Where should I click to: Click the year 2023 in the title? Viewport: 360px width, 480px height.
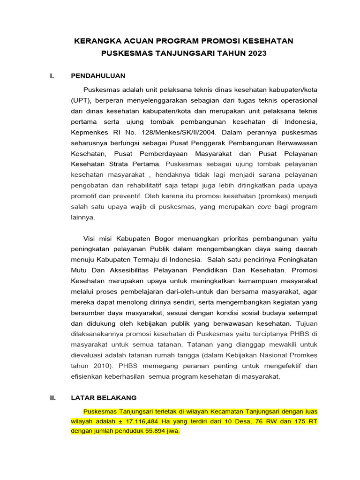(x=257, y=53)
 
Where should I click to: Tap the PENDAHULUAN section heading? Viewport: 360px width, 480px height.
(x=98, y=76)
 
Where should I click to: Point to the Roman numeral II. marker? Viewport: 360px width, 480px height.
(x=53, y=397)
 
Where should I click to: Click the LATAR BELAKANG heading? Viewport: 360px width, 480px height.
(x=104, y=397)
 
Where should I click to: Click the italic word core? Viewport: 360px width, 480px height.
(x=265, y=206)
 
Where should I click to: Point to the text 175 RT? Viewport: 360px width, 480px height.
(x=307, y=421)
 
